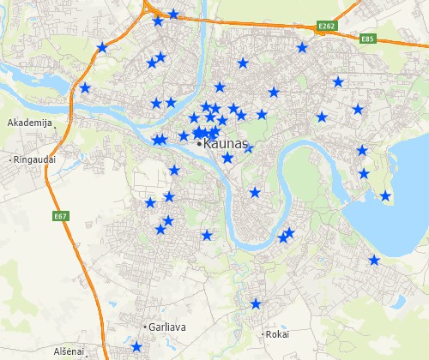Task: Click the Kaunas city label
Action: coord(227,144)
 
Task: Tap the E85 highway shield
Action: coord(369,39)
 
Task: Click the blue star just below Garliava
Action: coord(136,347)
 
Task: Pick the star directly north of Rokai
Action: coord(256,303)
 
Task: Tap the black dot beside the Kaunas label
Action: coord(200,144)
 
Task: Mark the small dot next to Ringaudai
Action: coord(11,159)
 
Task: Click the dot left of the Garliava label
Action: coord(144,327)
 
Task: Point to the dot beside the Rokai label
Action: coord(263,334)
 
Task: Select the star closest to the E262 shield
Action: coord(302,48)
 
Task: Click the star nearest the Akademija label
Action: coord(85,87)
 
